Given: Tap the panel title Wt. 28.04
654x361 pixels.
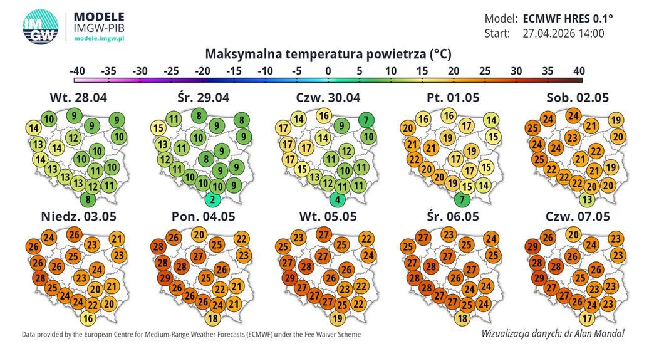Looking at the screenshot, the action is pos(78,98).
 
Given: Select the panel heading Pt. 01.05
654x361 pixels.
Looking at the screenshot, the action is pos(453,98).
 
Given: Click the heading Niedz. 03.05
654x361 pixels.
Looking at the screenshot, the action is pos(78,216).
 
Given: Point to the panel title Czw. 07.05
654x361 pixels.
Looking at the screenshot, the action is pos(578,216).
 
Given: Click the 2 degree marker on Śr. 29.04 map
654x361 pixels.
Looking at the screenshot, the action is pos(213,199).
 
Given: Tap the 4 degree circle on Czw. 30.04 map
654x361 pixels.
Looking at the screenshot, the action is pos(338,199).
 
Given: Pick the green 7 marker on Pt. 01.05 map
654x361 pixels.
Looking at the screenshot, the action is pos(462,199).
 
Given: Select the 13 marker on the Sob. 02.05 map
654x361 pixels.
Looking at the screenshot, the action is pos(587,199).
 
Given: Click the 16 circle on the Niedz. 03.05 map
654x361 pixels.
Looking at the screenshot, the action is pos(88,318).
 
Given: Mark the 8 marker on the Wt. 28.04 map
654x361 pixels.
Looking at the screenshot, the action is pos(88,199).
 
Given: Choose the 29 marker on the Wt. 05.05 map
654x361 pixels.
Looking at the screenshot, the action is pos(290,278).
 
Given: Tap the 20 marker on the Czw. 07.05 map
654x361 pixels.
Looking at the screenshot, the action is pos(574,234).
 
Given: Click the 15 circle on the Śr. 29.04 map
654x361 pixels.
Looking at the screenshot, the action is pos(158,128).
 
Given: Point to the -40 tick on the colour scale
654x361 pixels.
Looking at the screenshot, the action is pos(77,71).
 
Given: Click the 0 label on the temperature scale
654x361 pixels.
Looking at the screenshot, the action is pos(328,71).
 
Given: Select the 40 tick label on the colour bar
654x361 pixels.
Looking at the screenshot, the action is pos(579,71).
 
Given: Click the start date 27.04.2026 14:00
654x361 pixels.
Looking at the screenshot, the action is pos(564,33).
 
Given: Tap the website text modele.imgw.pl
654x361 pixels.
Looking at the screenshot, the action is pos(99,38).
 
